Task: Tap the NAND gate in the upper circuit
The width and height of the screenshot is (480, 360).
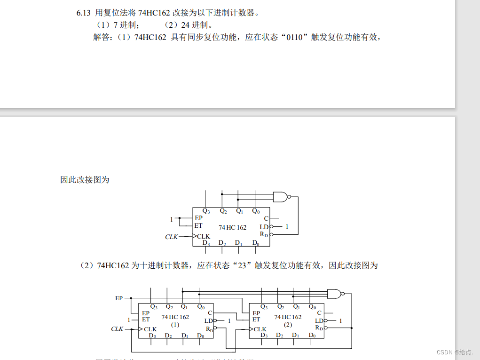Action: click(281, 197)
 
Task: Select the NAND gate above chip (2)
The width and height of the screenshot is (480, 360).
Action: click(334, 294)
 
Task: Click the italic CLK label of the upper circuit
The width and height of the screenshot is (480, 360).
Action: click(172, 237)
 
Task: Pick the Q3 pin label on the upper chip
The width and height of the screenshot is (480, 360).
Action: click(206, 211)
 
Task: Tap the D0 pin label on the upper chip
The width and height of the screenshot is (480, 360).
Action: click(255, 243)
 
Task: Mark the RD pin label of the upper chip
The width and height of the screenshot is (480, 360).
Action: click(265, 234)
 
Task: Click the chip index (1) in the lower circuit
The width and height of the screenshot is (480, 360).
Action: click(175, 325)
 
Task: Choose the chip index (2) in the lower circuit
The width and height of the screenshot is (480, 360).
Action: click(288, 325)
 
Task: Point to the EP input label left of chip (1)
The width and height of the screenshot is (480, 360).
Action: click(119, 298)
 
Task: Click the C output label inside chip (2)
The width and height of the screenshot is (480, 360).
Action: click(319, 313)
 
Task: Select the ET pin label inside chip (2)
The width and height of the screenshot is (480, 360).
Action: click(256, 320)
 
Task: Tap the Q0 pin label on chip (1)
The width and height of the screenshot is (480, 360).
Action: click(201, 307)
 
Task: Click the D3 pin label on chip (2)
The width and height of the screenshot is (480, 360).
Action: click(264, 335)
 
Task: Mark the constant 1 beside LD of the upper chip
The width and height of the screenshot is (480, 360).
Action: click(287, 227)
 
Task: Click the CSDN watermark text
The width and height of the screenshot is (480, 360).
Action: click(454, 352)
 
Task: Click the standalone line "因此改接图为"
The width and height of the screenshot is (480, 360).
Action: click(85, 180)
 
